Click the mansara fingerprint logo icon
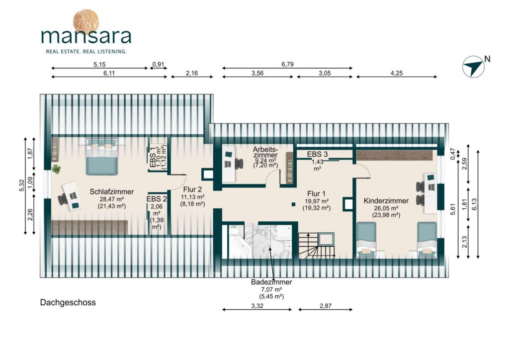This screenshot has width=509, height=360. click(x=85, y=21)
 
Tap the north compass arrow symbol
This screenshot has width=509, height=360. click(x=473, y=67)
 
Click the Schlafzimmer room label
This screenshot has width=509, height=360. click(x=112, y=191)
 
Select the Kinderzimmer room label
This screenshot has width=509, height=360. click(x=386, y=200)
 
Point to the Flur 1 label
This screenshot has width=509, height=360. click(x=317, y=194)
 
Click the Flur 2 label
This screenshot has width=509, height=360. click(x=192, y=189)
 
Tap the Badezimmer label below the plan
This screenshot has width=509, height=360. click(x=271, y=282)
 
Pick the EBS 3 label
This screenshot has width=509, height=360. click(x=317, y=154)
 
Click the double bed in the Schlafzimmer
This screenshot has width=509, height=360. click(x=101, y=157)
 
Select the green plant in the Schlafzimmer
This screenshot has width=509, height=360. click(x=57, y=169)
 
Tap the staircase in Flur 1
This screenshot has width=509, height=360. click(x=317, y=246)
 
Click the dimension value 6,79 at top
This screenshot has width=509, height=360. click(x=287, y=64)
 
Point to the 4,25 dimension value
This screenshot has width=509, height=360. click(x=396, y=73)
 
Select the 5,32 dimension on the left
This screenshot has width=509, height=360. click(x=22, y=185)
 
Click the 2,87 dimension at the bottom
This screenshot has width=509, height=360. click(x=325, y=306)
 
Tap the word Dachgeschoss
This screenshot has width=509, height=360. click(x=68, y=302)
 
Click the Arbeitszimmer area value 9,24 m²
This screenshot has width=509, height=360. click(x=265, y=161)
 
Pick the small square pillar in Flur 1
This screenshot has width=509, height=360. click(x=293, y=204)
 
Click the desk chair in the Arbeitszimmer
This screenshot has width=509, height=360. click(x=239, y=163)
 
